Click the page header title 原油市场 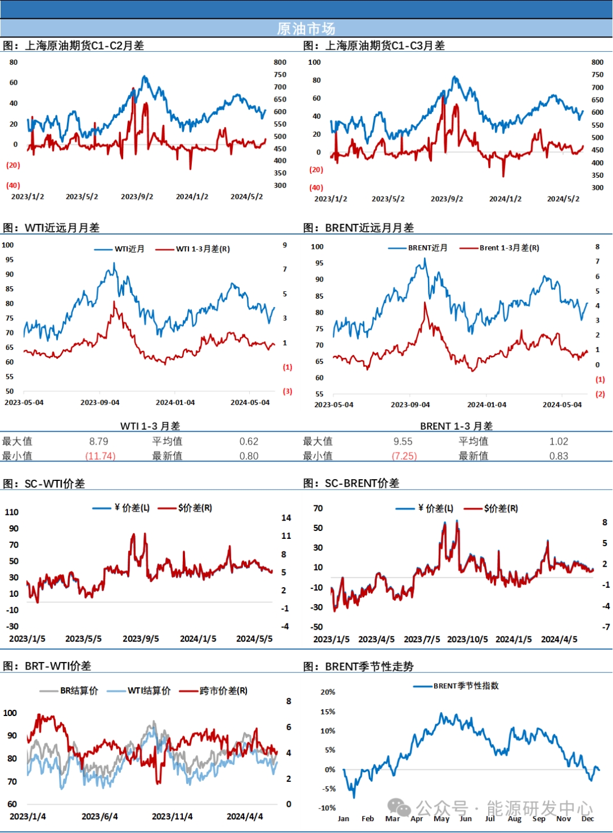(x=306, y=28)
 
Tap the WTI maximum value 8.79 (x=99, y=441)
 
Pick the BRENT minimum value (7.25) (x=404, y=456)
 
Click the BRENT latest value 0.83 (x=559, y=456)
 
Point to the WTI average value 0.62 (x=249, y=441)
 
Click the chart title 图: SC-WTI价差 (x=44, y=484)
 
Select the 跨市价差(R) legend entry (x=223, y=690)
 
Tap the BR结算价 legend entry (x=79, y=690)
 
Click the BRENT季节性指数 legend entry (x=465, y=686)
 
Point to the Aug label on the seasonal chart (x=514, y=819)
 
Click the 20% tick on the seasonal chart (x=328, y=692)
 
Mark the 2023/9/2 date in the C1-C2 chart (x=137, y=196)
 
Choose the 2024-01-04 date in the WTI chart (x=175, y=403)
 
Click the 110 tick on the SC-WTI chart (x=11, y=512)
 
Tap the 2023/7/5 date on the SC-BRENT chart (x=422, y=639)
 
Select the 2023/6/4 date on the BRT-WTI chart (x=100, y=817)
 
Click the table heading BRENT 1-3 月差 (x=456, y=426)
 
